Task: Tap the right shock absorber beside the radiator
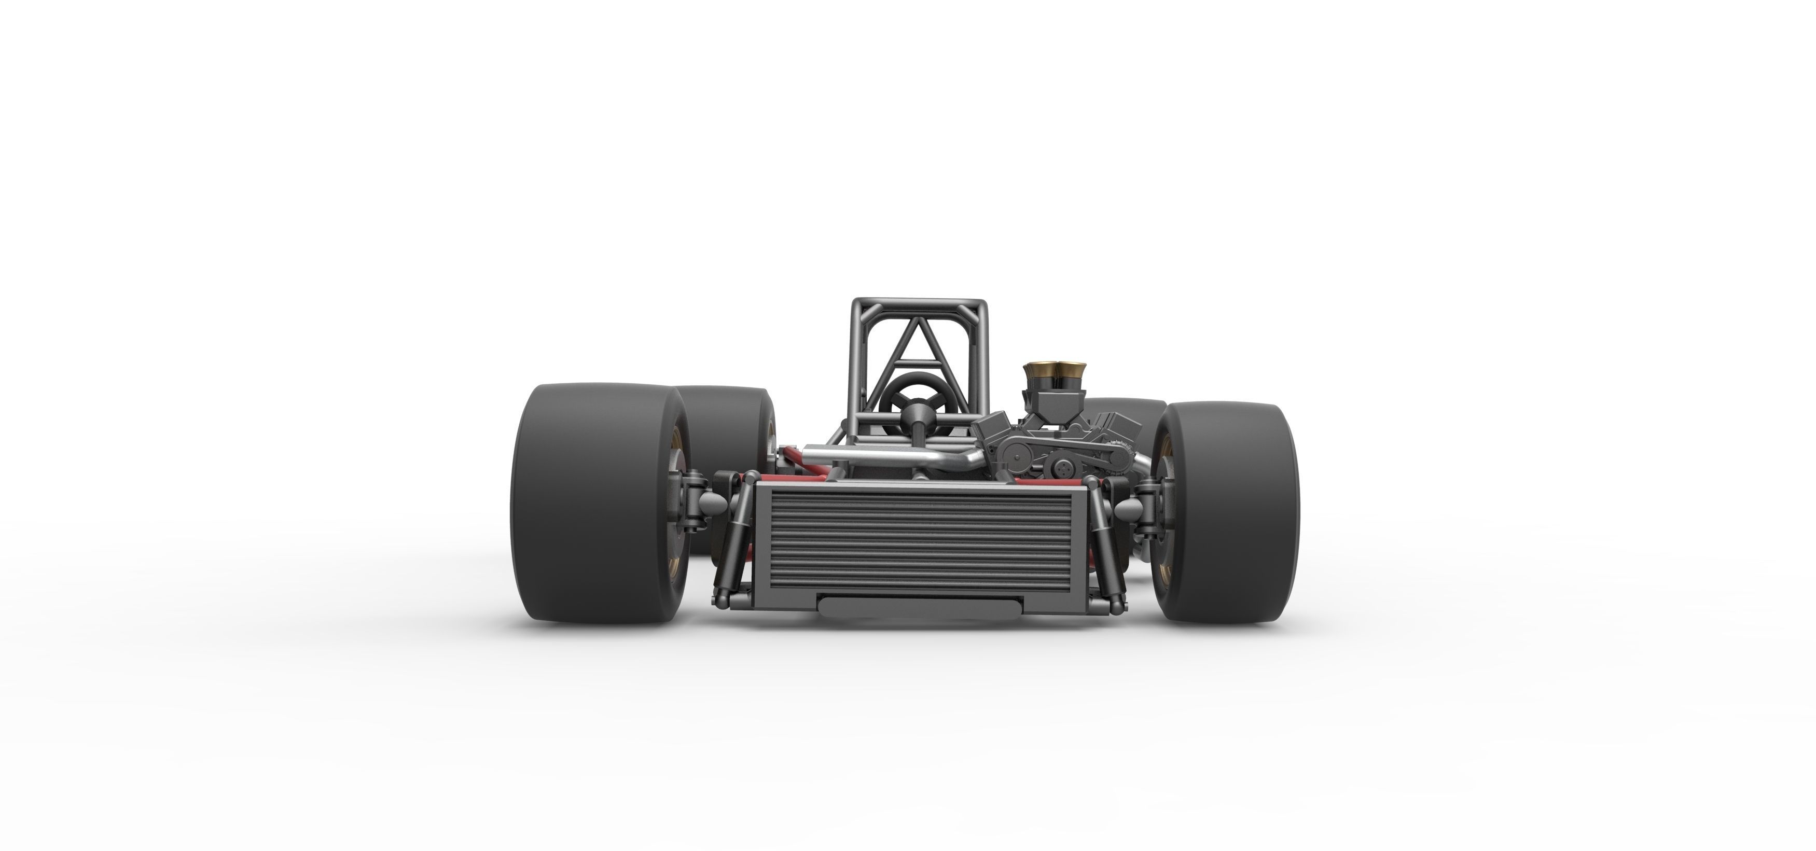click(1103, 543)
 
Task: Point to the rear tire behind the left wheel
click(730, 423)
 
